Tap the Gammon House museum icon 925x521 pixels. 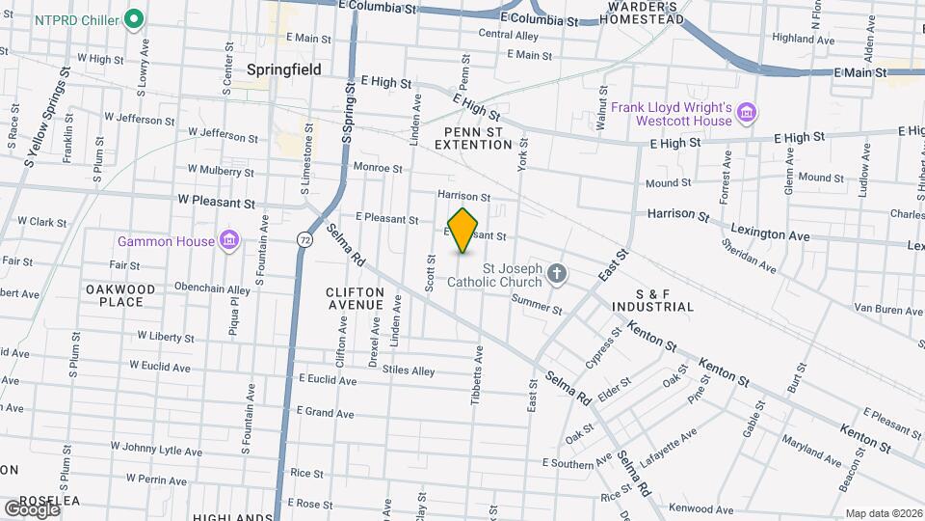(x=228, y=239)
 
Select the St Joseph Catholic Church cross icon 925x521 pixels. (x=556, y=275)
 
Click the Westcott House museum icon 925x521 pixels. (x=745, y=115)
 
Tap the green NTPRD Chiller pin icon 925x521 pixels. (x=135, y=18)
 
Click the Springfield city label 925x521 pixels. (x=283, y=69)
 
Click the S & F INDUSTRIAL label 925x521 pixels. (x=650, y=299)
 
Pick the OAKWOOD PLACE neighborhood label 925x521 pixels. (x=120, y=295)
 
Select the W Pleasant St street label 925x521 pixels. (x=216, y=204)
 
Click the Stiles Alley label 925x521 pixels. (x=408, y=370)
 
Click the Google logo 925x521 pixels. (x=32, y=508)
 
